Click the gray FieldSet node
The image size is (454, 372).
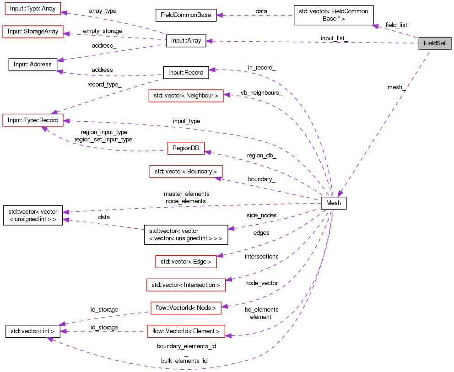coord(435,43)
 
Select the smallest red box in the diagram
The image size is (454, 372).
coord(186,148)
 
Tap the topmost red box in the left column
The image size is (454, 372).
coord(33,9)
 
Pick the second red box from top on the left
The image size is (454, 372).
coord(33,32)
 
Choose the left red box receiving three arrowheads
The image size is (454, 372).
coord(33,120)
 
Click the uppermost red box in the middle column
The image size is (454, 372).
coord(186,96)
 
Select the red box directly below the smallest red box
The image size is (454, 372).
coord(186,171)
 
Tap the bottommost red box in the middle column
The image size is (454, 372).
coord(186,331)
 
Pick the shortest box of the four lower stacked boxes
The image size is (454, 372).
coord(186,262)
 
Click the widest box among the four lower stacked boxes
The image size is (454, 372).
coord(186,285)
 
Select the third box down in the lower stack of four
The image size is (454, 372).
coord(186,308)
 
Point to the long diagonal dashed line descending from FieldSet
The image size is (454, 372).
coord(384,124)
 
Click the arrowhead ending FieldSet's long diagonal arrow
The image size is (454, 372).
coord(339,194)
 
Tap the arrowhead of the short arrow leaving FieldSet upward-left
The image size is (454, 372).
coord(375,26)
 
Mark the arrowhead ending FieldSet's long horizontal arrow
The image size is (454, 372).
coord(209,41)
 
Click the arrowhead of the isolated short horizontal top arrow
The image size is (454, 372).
coord(219,15)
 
